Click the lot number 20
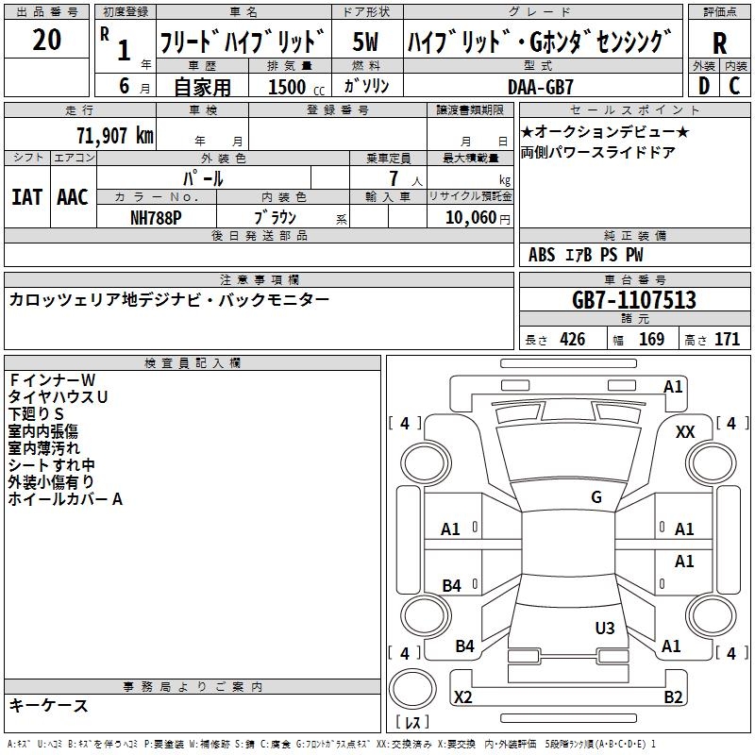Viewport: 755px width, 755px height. click(x=46, y=39)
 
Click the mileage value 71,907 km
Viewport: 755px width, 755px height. click(x=115, y=136)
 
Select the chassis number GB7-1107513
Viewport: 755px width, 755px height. click(x=634, y=299)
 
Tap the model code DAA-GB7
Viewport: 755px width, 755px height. click(x=540, y=87)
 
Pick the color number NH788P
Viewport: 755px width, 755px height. click(x=156, y=218)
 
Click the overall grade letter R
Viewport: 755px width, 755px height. click(x=719, y=43)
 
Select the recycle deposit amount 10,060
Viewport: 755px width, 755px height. click(x=470, y=218)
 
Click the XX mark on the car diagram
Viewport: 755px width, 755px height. click(x=685, y=432)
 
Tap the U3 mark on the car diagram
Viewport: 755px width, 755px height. click(x=605, y=628)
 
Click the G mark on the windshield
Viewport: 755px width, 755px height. click(x=596, y=496)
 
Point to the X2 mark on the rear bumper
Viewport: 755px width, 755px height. click(x=462, y=696)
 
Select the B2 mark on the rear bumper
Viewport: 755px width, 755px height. click(x=673, y=696)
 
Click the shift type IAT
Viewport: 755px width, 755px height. click(x=26, y=197)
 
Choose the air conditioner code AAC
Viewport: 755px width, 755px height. click(x=73, y=197)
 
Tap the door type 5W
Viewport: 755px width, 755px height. click(x=365, y=42)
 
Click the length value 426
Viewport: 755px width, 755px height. click(x=573, y=339)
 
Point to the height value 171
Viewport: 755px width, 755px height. click(x=727, y=339)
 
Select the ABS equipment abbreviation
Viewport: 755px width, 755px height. click(x=542, y=255)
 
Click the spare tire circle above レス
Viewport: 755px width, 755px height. click(x=412, y=689)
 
